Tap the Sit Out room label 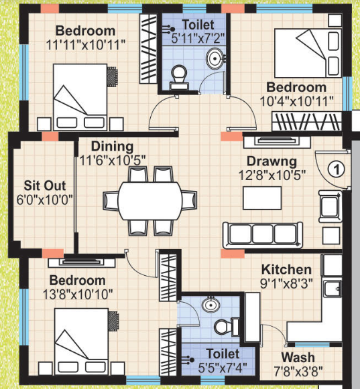tap(43, 185)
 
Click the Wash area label tap(298, 358)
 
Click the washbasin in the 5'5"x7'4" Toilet tap(211, 305)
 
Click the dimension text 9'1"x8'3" tap(287, 283)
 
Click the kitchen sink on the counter tap(330, 289)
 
